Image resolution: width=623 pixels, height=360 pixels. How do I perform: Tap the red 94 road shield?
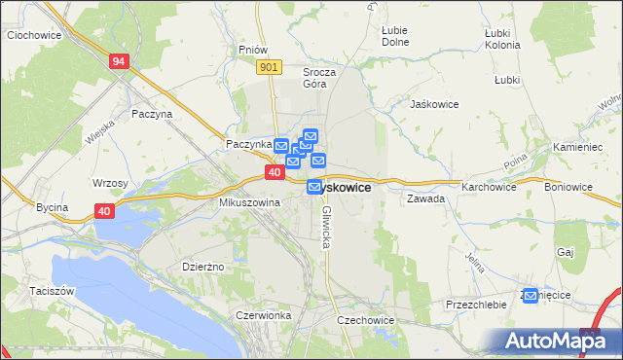(x=119, y=61)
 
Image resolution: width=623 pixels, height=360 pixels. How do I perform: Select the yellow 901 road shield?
(x=271, y=66)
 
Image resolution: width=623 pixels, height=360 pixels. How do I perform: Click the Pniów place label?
(x=252, y=49)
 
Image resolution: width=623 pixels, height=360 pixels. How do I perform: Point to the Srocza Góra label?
(x=319, y=78)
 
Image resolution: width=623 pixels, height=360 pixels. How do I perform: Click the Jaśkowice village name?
(x=434, y=103)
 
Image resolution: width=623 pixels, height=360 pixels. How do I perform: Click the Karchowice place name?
(x=489, y=186)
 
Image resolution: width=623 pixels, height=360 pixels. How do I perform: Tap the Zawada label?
(x=426, y=198)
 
